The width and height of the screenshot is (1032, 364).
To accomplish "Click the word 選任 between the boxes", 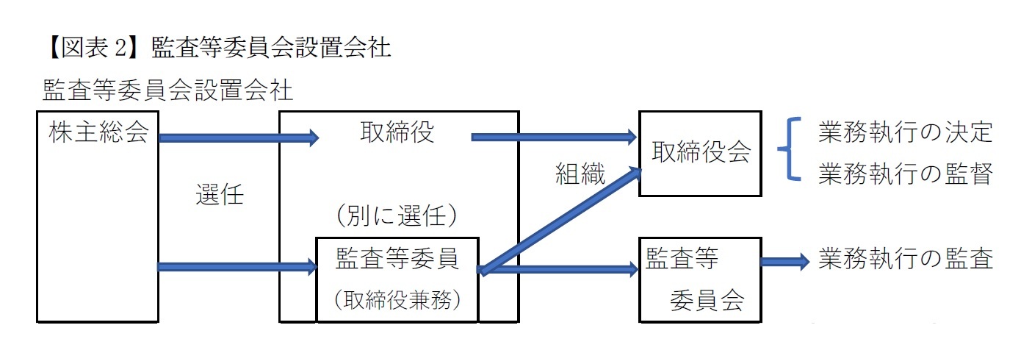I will pos(219,195).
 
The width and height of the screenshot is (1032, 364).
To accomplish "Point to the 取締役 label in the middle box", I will pos(397,133).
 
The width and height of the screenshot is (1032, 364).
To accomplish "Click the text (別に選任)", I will pos(397,216).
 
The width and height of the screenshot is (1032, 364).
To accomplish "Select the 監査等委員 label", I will pos(397,259).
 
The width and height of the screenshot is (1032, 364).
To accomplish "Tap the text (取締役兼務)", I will pos(397,299).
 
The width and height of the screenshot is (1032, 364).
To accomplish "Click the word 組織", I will pos(580,174).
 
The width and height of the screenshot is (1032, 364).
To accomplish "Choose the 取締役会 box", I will pos(701,153).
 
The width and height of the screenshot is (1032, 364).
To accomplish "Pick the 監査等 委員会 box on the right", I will pos(701,279).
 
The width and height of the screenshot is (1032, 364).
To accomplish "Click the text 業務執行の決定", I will pos(905,133).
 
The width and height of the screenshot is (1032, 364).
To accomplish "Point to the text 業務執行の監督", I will pos(905,174).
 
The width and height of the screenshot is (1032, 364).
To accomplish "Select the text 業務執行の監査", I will pos(905,259).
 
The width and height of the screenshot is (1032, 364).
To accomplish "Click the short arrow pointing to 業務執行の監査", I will pos(784,260).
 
